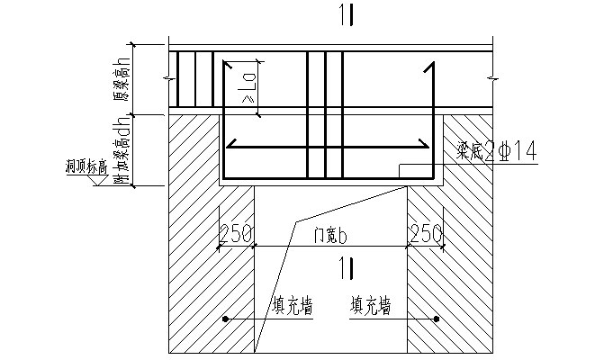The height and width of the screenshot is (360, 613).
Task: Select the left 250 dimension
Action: (x=236, y=234)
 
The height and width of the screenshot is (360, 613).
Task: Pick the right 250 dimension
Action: (x=425, y=234)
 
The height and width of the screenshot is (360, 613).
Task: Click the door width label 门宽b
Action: (x=330, y=235)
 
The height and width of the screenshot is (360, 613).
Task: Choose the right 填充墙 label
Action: (x=370, y=307)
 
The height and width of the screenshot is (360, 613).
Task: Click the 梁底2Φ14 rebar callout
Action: (x=496, y=152)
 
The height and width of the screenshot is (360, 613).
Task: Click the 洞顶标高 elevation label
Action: (x=86, y=166)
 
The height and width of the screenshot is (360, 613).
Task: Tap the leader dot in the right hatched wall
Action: (x=436, y=319)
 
